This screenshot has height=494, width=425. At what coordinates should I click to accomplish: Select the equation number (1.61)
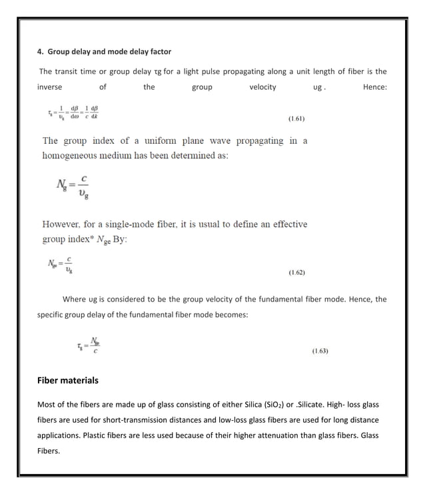[x=296, y=119]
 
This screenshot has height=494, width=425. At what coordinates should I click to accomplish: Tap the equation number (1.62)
[x=296, y=272]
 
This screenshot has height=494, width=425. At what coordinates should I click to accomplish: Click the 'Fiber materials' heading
[x=67, y=380]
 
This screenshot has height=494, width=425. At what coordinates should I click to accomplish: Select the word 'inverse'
[x=49, y=87]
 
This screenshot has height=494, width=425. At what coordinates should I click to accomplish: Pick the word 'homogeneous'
[x=72, y=155]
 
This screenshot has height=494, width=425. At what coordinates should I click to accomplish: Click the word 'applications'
[x=61, y=435]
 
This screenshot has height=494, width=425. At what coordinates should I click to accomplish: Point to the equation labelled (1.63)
[x=89, y=345]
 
